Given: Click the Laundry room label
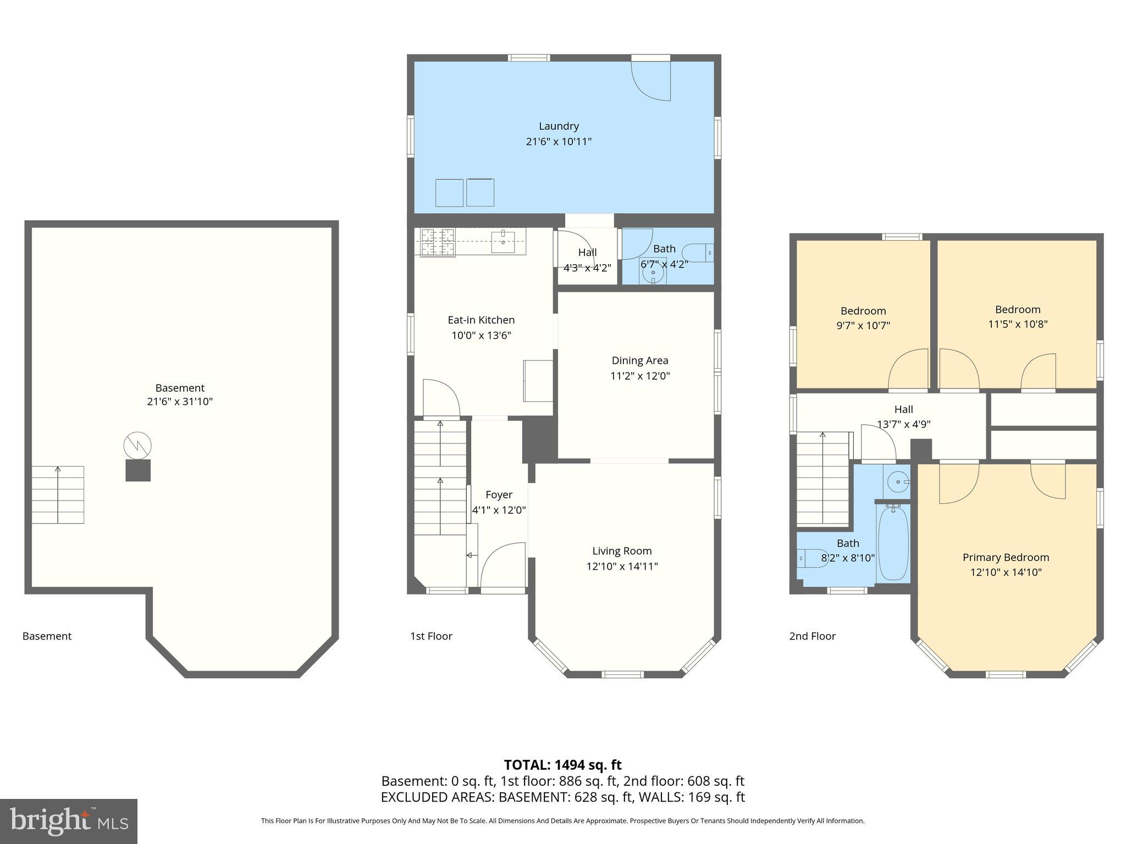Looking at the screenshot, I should [559, 126].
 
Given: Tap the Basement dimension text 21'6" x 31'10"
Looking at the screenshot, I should [180, 402].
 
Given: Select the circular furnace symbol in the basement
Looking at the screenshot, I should [137, 446].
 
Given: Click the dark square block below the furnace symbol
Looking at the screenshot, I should [138, 470].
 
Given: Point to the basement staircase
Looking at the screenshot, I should [58, 495].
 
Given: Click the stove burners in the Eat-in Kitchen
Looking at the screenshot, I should [438, 242].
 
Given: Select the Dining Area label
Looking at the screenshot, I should [640, 360].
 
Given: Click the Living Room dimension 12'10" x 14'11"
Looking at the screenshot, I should [622, 566].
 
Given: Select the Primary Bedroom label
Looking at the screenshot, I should [1006, 557].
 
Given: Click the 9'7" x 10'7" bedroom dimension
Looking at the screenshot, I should [863, 325].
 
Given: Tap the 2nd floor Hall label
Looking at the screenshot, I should [903, 409].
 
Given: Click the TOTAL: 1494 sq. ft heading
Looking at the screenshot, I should [562, 765].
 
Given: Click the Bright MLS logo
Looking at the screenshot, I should [68, 821].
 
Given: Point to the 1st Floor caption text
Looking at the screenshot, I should [431, 636].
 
